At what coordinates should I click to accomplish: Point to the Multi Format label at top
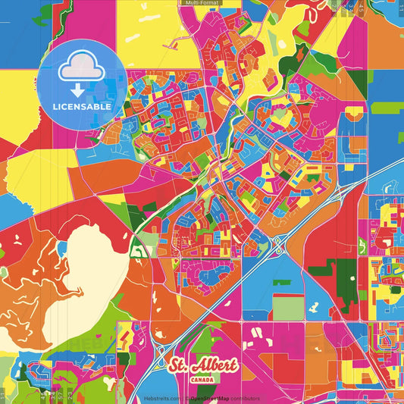pos(201,4)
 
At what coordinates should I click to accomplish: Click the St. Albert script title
pos(204,366)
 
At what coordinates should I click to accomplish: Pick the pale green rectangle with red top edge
pos(288,307)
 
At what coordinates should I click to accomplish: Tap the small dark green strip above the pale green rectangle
pos(281,283)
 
